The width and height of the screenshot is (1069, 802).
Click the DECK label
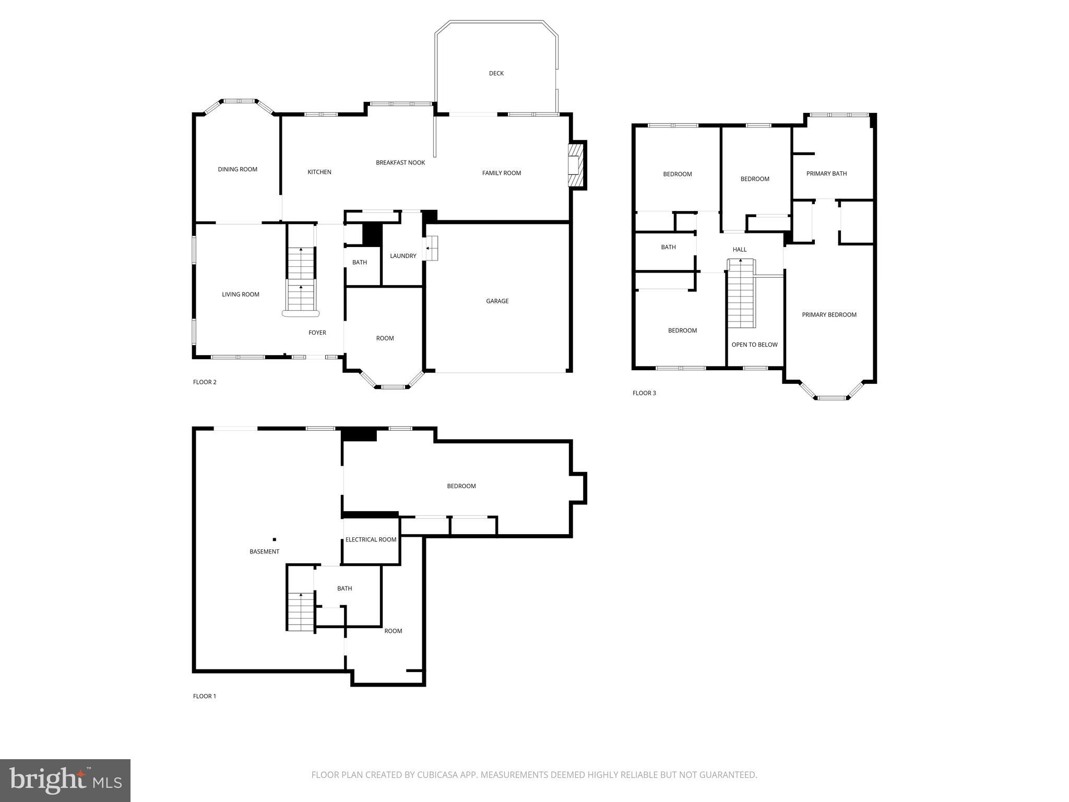pyautogui.click(x=496, y=74)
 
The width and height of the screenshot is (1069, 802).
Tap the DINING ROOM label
pyautogui.click(x=237, y=169)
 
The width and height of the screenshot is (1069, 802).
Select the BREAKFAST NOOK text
pyautogui.click(x=400, y=163)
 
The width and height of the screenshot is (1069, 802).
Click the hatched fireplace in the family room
pyautogui.click(x=575, y=165)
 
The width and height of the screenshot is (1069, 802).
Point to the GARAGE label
pyautogui.click(x=497, y=301)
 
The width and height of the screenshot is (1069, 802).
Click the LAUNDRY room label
pyautogui.click(x=403, y=256)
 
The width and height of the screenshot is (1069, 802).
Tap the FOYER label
pyautogui.click(x=317, y=333)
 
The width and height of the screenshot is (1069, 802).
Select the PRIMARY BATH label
pyautogui.click(x=826, y=174)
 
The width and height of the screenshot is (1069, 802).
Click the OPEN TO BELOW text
pyautogui.click(x=754, y=345)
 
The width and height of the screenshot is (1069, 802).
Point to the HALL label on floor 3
pyautogui.click(x=739, y=250)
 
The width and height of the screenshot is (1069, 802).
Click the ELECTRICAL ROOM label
pyautogui.click(x=371, y=539)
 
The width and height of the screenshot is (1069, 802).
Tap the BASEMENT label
pyautogui.click(x=264, y=551)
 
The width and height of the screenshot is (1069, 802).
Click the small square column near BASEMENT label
pyautogui.click(x=275, y=539)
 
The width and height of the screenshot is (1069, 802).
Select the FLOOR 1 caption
pyautogui.click(x=205, y=696)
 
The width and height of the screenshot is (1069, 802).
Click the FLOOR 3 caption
pyautogui.click(x=644, y=393)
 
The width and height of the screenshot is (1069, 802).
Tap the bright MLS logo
pyautogui.click(x=65, y=781)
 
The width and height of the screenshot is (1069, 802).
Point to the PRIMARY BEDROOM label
pyautogui.click(x=829, y=315)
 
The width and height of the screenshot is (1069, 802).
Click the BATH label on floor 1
pyautogui.click(x=345, y=588)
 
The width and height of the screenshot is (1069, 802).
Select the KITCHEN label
pyautogui.click(x=319, y=172)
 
